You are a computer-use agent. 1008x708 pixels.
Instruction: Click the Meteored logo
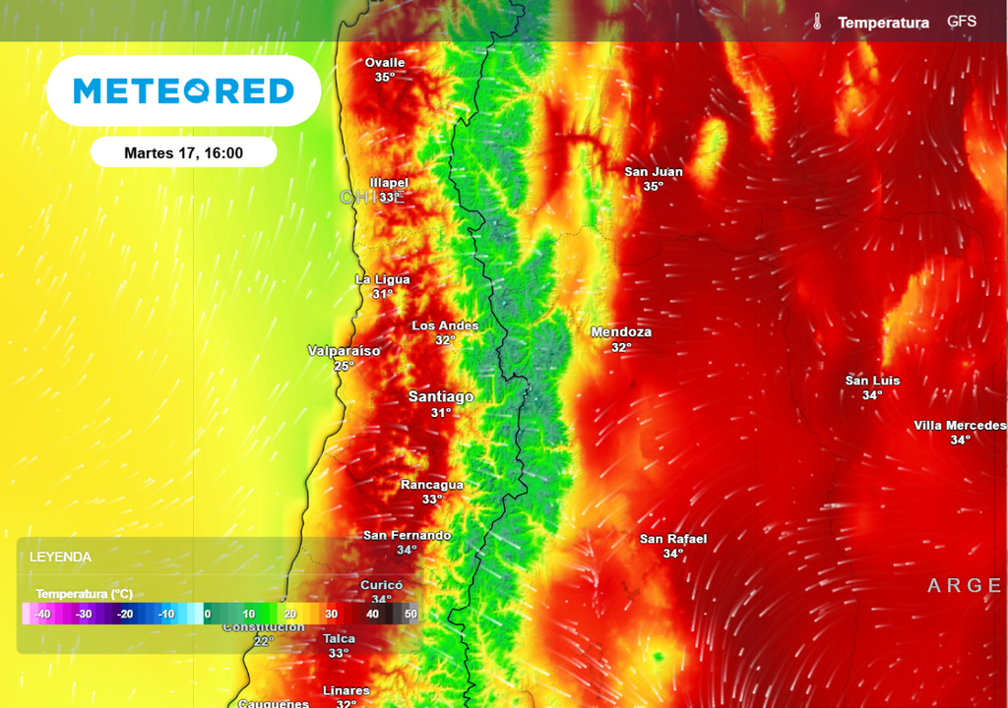pos(184,91)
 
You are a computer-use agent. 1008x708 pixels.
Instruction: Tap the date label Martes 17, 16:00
pos(184,152)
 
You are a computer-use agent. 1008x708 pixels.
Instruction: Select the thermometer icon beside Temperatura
pos(817,22)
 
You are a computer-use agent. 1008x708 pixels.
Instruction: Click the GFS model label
pos(962,22)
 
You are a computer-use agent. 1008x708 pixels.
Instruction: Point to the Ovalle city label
pos(385,63)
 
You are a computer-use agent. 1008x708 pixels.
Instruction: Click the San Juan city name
pos(654,172)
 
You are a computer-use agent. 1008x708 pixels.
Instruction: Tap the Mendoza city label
pos(621,332)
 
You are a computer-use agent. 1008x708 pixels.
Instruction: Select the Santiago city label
pos(441,397)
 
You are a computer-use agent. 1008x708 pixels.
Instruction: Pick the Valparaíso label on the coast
pos(344,351)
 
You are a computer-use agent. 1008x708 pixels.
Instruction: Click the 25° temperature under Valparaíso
pos(344,366)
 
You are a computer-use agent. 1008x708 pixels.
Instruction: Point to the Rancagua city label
pos(432,485)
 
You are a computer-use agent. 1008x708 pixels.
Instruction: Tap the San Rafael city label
pos(673,539)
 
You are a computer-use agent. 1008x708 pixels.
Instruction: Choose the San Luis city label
pos(872,381)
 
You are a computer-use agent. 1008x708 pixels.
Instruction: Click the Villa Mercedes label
pos(960,426)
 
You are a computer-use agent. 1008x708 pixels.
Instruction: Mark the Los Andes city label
pos(445,325)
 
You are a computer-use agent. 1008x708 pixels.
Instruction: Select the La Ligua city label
pos(383,279)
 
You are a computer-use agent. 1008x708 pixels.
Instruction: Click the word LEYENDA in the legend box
pos(61,557)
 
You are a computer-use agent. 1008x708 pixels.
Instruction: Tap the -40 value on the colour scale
pos(42,614)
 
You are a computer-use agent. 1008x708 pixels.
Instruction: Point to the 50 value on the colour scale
pos(410,614)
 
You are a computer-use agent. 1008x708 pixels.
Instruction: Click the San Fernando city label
pos(408,536)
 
